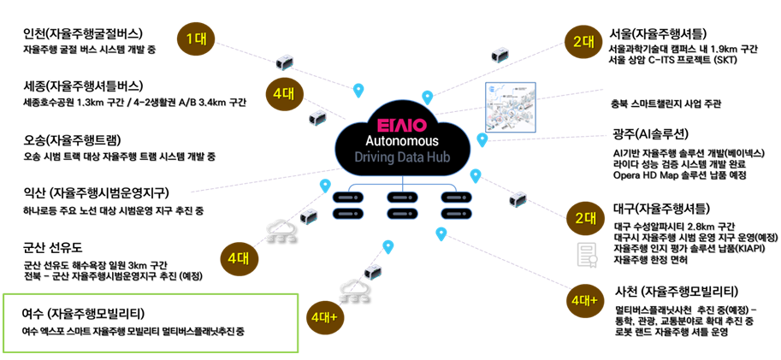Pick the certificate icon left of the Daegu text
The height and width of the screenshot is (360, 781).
coord(587,254)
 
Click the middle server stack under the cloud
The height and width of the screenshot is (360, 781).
coord(401,205)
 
